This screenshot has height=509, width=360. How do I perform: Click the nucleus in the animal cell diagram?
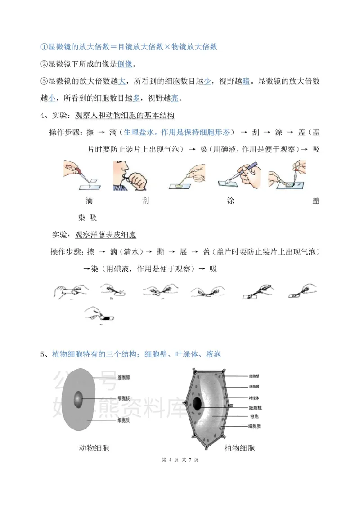(x=78, y=398)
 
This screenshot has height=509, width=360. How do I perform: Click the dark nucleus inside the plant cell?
(x=197, y=404)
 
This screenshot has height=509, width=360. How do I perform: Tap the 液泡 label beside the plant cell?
(x=254, y=416)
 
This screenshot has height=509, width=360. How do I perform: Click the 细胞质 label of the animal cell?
(x=124, y=420)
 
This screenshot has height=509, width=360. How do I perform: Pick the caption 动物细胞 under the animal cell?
(x=94, y=448)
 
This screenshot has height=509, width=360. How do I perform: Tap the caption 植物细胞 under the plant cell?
(x=239, y=448)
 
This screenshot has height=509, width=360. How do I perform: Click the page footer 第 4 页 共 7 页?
(x=180, y=460)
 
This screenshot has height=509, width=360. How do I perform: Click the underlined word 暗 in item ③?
(x=247, y=81)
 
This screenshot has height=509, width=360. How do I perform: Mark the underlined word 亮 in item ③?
(x=175, y=98)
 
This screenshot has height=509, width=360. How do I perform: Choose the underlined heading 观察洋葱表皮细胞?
(x=106, y=235)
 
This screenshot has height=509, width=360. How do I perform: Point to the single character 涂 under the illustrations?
(x=231, y=201)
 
